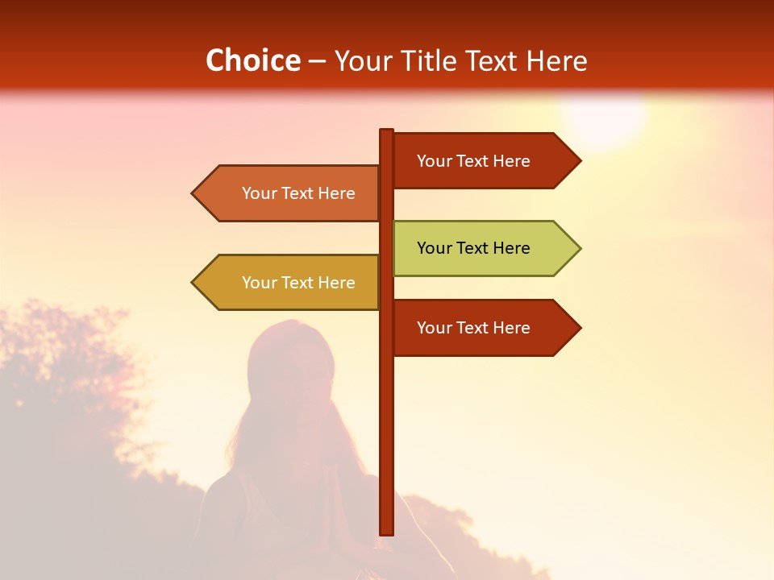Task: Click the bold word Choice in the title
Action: (252, 60)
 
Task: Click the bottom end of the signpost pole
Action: (386, 532)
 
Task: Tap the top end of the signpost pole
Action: (386, 131)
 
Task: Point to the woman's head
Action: (290, 358)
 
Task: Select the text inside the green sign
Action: (473, 248)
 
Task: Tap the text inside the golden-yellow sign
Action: (298, 283)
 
